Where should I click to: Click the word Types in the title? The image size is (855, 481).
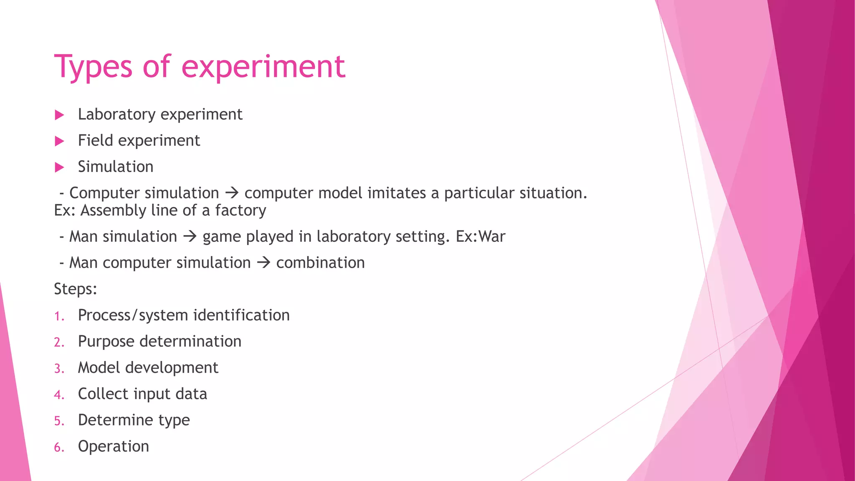[x=93, y=67]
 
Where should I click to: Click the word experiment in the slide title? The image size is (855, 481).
[x=263, y=67]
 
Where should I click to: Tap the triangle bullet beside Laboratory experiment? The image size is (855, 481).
[x=59, y=115]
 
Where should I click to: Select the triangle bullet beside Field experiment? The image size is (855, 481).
[x=59, y=141]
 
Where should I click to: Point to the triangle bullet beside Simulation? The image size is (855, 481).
[x=59, y=167]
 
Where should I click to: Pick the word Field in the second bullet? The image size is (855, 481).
[x=96, y=140]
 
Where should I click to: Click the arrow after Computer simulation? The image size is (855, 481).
[x=232, y=193]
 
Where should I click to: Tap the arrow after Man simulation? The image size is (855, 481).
[x=190, y=237]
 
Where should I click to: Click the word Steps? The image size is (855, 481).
[x=75, y=289]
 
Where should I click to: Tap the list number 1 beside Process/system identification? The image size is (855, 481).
[x=58, y=316]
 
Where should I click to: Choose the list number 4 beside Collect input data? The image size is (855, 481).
[x=58, y=395]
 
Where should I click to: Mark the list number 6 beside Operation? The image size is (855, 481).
[x=58, y=447]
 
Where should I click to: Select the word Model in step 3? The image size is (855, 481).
[x=99, y=368]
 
